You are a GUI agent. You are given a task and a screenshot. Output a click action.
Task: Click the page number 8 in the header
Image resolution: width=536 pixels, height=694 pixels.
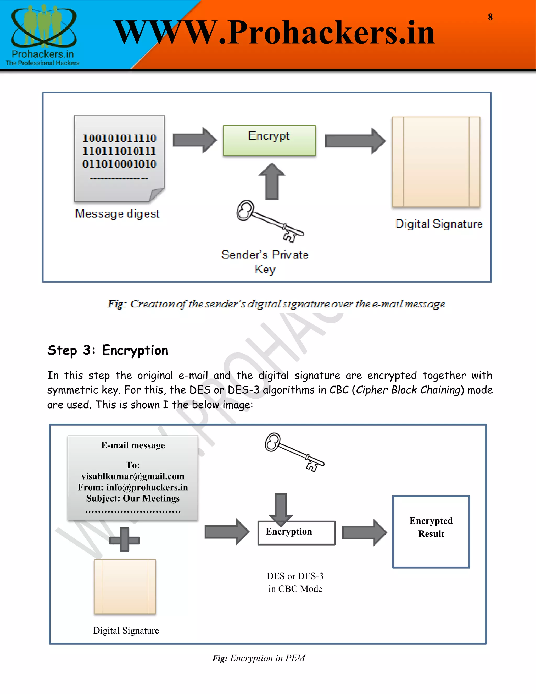click(x=490, y=17)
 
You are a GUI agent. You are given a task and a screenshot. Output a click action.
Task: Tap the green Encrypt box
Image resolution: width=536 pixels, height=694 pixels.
click(x=269, y=140)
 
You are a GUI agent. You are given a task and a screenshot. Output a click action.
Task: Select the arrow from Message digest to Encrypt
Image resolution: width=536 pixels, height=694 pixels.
click(x=194, y=140)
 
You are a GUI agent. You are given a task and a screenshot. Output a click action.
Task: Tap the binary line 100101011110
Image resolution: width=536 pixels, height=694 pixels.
click(x=119, y=138)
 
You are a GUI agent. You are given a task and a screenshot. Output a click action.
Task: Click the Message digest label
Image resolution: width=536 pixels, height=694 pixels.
click(x=117, y=213)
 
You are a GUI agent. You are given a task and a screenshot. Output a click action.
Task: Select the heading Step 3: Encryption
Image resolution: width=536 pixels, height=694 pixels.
click(x=108, y=350)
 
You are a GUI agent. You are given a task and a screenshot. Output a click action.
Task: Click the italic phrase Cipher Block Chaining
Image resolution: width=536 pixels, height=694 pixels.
click(x=408, y=390)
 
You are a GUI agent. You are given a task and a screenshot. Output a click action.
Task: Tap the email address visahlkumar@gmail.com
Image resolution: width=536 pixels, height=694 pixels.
click(x=133, y=476)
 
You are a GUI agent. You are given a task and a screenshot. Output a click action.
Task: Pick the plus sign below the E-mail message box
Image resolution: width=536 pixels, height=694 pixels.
click(x=125, y=539)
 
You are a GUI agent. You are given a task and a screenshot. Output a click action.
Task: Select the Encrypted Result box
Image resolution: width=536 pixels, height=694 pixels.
click(x=431, y=532)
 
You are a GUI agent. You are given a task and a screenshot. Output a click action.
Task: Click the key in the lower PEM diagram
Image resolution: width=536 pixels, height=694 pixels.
click(x=294, y=451)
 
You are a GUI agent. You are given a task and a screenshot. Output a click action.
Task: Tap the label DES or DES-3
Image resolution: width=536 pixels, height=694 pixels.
click(x=295, y=576)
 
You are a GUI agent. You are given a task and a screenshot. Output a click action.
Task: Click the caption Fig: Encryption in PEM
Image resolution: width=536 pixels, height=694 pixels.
click(x=259, y=658)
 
